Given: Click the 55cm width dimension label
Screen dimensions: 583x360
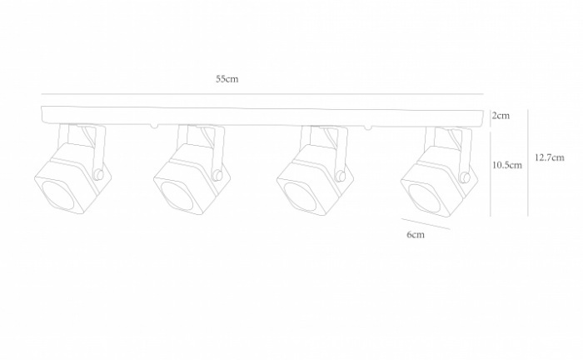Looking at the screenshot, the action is coord(227,79).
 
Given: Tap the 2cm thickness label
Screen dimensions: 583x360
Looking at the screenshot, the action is coord(500,115).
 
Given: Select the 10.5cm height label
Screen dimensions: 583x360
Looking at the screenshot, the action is coord(507,165).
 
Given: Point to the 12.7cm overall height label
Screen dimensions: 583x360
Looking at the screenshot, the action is coord(550,157).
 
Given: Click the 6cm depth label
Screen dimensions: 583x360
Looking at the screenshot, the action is coord(416,235).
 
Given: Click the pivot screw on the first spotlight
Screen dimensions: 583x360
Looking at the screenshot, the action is coord(98,174).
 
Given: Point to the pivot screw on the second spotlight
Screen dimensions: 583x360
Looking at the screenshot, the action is coord(218,175).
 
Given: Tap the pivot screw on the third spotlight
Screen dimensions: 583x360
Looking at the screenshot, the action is coord(341,175).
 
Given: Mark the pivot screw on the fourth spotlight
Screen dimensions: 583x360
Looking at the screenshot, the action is coord(463,175).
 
